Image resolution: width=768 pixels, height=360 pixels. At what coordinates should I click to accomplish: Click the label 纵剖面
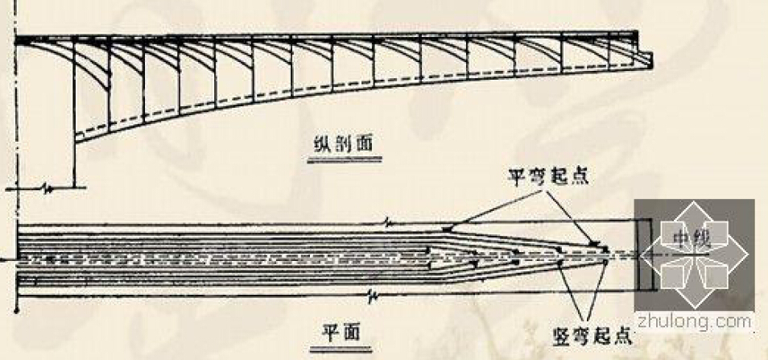coord(344,144)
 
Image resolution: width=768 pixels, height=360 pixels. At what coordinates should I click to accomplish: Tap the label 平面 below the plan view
coord(341,333)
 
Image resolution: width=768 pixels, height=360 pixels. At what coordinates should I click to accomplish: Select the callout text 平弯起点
coord(547,177)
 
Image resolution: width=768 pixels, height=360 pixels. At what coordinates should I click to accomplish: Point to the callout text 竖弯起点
coord(591,337)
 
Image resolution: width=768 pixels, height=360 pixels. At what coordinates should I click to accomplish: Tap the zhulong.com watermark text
coord(694,321)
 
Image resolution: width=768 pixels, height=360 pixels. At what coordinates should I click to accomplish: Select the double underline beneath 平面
coord(341,349)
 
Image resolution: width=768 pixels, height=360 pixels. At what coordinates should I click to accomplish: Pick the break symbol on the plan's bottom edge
coord(372,295)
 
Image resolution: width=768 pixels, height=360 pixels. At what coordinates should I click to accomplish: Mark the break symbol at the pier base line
coord(48,188)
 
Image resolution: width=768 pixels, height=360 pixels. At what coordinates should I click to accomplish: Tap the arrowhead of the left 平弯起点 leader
coord(446,229)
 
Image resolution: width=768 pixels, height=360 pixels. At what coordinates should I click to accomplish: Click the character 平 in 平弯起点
coord(517,177)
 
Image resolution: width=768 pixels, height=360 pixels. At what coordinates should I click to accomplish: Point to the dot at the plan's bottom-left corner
coord(17,309)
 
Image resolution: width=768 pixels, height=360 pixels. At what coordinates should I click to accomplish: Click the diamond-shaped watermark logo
coord(694,254)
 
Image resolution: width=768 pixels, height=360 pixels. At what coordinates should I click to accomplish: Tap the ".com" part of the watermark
coord(727,321)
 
